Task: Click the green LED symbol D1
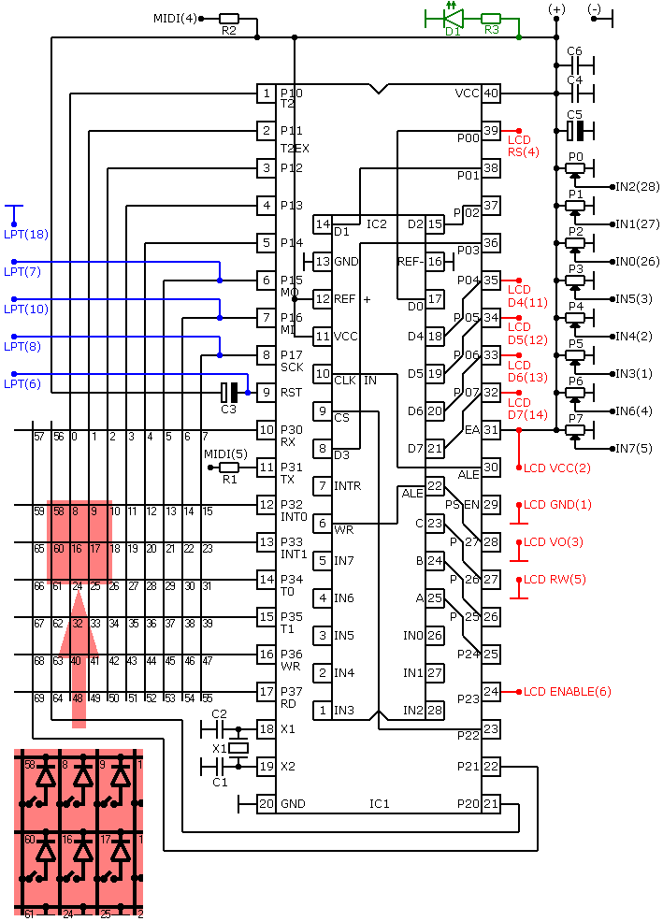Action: coord(454,18)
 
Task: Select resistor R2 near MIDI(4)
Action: coord(229,19)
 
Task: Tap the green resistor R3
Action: coord(491,19)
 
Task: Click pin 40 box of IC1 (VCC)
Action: coord(491,94)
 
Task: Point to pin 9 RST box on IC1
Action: coord(267,393)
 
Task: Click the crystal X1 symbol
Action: coord(238,748)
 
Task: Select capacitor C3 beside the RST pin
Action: coord(230,393)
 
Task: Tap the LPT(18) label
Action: coord(26,235)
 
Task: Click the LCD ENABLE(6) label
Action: coord(568,692)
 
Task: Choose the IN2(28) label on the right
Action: coord(637,187)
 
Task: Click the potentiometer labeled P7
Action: coord(575,430)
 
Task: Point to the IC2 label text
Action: coord(377,224)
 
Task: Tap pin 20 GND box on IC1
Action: coord(267,803)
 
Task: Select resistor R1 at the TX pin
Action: coord(229,468)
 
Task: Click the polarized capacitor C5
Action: coord(575,131)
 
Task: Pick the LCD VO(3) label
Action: coord(554,542)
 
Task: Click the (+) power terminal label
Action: coord(556,9)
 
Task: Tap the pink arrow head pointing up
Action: coord(79,623)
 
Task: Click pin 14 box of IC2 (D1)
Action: coord(323,224)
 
